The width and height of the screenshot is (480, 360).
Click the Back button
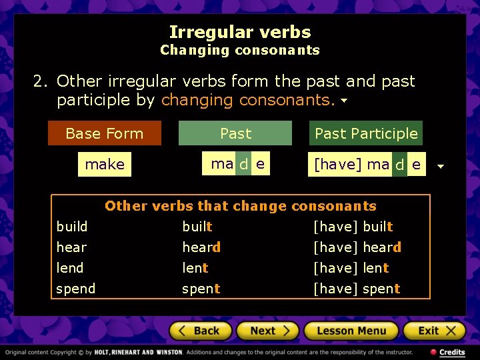201,331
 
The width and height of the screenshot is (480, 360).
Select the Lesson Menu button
351,331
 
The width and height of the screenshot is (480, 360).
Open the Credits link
448,352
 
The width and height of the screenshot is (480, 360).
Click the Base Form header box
105,133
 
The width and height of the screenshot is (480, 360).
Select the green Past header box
235,133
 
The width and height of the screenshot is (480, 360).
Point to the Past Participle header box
366,133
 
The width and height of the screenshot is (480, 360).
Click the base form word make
105,165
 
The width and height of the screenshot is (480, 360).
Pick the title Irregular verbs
240,32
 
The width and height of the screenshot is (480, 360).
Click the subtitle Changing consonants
240,50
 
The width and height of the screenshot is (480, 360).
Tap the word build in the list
72,227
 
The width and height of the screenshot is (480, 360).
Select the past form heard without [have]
201,247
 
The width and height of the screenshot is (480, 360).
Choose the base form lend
70,268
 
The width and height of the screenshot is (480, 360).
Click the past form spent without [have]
201,289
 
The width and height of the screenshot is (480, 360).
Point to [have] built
353,227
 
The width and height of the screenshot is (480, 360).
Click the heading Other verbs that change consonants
241,206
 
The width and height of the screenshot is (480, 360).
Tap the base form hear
71,247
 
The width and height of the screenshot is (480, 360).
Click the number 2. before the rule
41,81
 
